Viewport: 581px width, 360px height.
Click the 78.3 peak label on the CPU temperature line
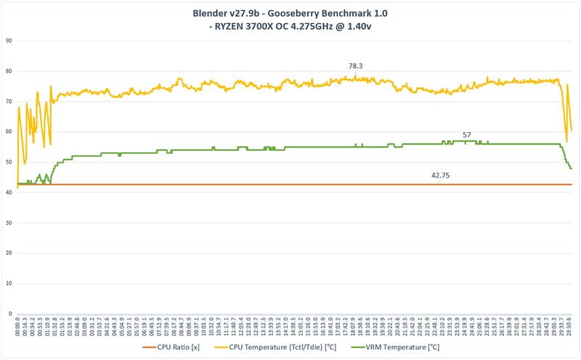pos(356,66)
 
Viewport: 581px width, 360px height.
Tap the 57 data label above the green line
pos(466,135)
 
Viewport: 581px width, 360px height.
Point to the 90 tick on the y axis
pos(9,41)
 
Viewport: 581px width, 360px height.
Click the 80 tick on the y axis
pos(9,71)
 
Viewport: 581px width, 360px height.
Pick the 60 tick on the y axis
pos(9,131)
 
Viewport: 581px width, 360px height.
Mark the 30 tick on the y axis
pos(9,222)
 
